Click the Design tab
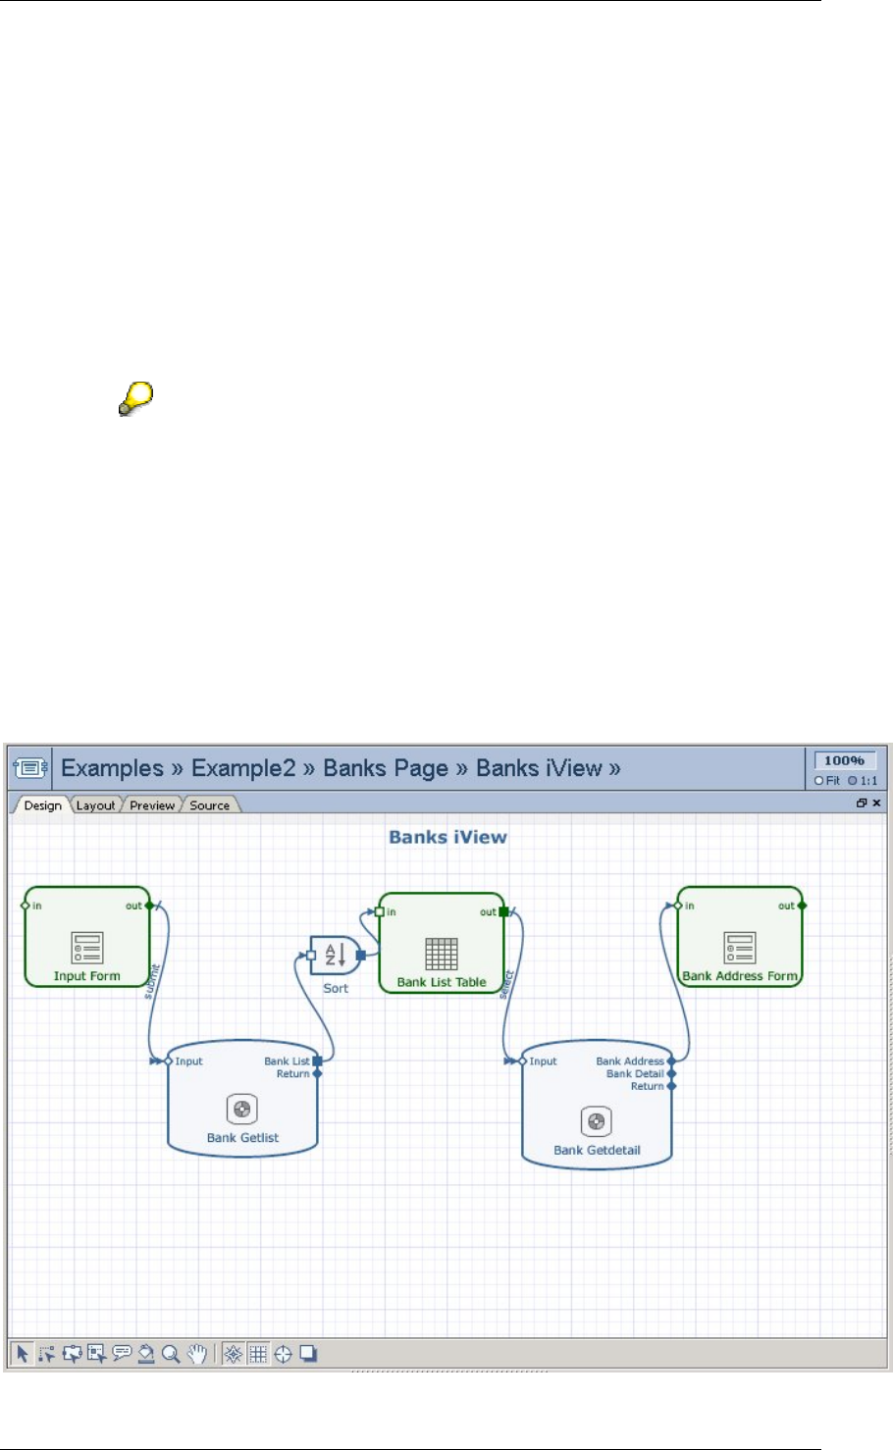pos(42,805)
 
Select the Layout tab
pos(95,805)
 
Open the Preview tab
pos(152,805)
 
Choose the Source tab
pos(209,805)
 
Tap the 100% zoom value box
pos(844,760)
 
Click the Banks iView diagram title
pos(447,837)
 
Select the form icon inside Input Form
pos(86,948)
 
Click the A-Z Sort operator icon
pos(336,955)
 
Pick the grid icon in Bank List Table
pos(442,954)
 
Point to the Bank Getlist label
pos(242,1138)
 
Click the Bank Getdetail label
pos(597,1150)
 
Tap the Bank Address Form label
pos(740,976)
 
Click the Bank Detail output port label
pos(635,1074)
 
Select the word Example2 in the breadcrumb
pos(243,768)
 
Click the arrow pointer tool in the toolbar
pos(22,1354)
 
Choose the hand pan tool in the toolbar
pos(197,1354)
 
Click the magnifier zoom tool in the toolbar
pos(171,1354)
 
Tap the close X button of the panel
pos(876,803)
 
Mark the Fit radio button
pos(819,781)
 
